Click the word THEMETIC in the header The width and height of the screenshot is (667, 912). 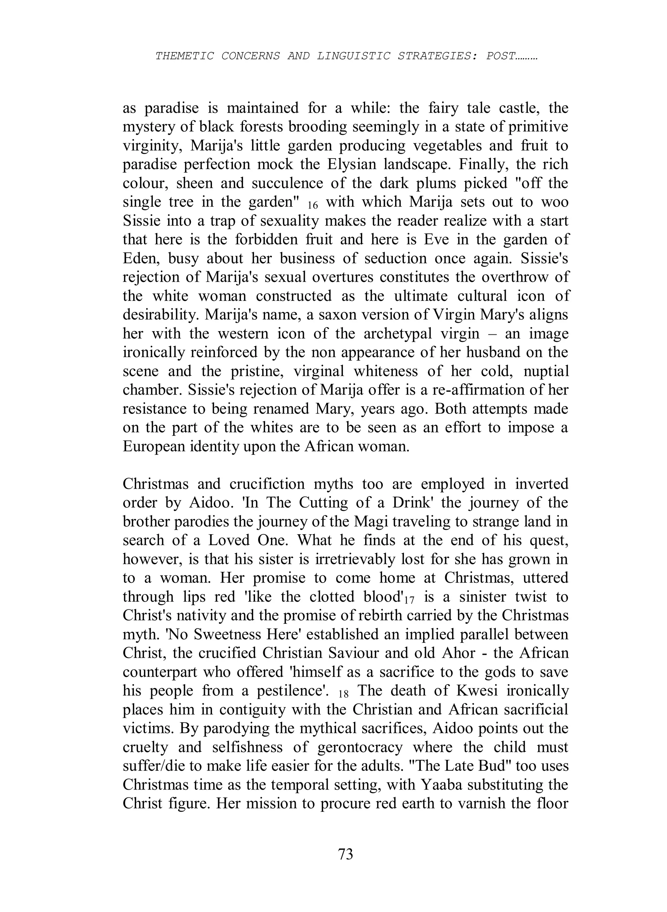[x=185, y=56]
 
